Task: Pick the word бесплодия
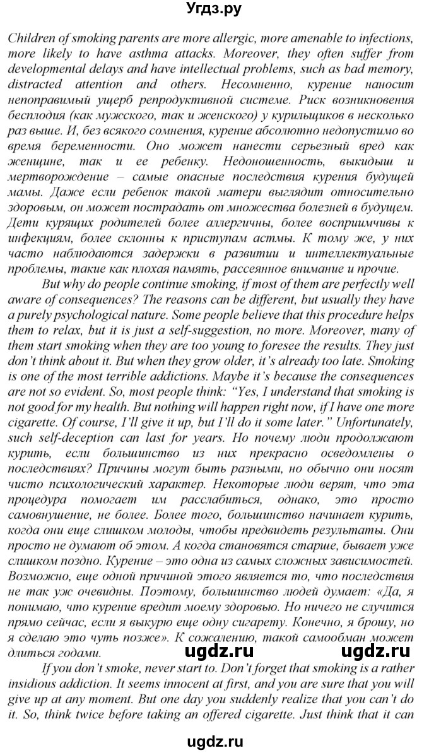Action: click(38, 116)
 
